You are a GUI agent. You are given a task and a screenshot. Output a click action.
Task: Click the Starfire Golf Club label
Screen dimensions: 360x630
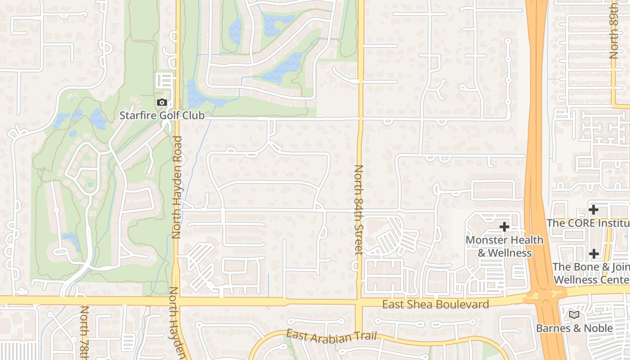(162, 116)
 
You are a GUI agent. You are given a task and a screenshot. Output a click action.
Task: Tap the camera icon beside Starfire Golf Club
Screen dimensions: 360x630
(162, 103)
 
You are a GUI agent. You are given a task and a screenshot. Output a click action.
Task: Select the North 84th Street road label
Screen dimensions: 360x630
(359, 210)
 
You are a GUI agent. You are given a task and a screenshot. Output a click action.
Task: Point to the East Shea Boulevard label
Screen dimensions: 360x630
(435, 305)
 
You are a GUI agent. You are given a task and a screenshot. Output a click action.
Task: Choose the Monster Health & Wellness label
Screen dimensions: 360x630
(504, 246)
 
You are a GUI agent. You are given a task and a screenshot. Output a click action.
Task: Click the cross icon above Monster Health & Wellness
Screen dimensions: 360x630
(504, 226)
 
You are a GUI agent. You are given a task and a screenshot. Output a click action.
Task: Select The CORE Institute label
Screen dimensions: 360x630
(588, 223)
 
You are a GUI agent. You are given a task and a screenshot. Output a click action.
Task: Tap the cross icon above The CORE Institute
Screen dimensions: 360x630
(594, 209)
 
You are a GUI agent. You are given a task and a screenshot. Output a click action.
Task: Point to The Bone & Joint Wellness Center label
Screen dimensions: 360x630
(591, 273)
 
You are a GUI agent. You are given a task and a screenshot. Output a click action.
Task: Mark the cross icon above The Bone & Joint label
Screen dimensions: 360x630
(594, 254)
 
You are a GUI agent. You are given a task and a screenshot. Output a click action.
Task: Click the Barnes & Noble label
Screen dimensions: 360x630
(574, 328)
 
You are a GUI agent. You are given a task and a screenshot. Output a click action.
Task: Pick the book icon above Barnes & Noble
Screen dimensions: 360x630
(574, 315)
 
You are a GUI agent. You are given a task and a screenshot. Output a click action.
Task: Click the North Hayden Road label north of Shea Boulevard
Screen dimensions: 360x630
(176, 187)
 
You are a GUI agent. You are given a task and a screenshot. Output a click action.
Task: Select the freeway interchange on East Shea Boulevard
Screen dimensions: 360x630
(545, 296)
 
